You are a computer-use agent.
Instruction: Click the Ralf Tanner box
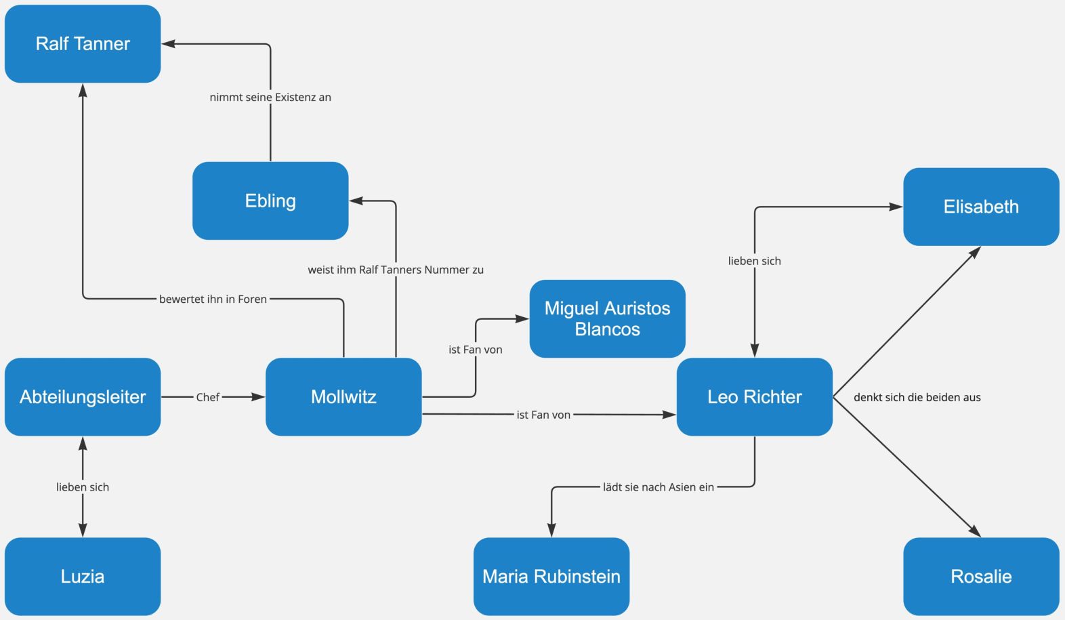[x=83, y=44]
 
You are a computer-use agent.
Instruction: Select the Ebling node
[x=270, y=201]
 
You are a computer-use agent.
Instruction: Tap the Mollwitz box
[x=343, y=397]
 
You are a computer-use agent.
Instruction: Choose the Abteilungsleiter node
[x=83, y=397]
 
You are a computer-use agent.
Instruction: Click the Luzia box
[x=83, y=577]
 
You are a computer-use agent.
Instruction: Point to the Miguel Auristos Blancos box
[x=607, y=318]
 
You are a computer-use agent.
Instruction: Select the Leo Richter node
[x=754, y=397]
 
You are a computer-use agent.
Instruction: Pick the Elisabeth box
[x=981, y=207]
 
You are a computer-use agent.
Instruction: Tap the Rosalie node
[x=981, y=577]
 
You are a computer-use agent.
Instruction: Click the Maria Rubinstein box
[x=551, y=577]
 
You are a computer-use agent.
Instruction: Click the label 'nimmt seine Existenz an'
[x=270, y=98]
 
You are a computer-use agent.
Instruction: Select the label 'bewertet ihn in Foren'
[x=213, y=299]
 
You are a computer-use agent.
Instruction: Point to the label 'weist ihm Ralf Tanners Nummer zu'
[x=396, y=270]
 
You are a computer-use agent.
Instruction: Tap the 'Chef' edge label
[x=207, y=397]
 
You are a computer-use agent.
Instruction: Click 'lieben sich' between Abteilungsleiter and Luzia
[x=83, y=487]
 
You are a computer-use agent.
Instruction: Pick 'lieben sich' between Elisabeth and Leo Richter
[x=754, y=261]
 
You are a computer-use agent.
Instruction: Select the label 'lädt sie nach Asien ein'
[x=659, y=487]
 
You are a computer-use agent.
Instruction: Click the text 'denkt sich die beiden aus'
[x=917, y=397]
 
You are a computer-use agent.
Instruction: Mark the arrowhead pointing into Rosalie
[x=976, y=533]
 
